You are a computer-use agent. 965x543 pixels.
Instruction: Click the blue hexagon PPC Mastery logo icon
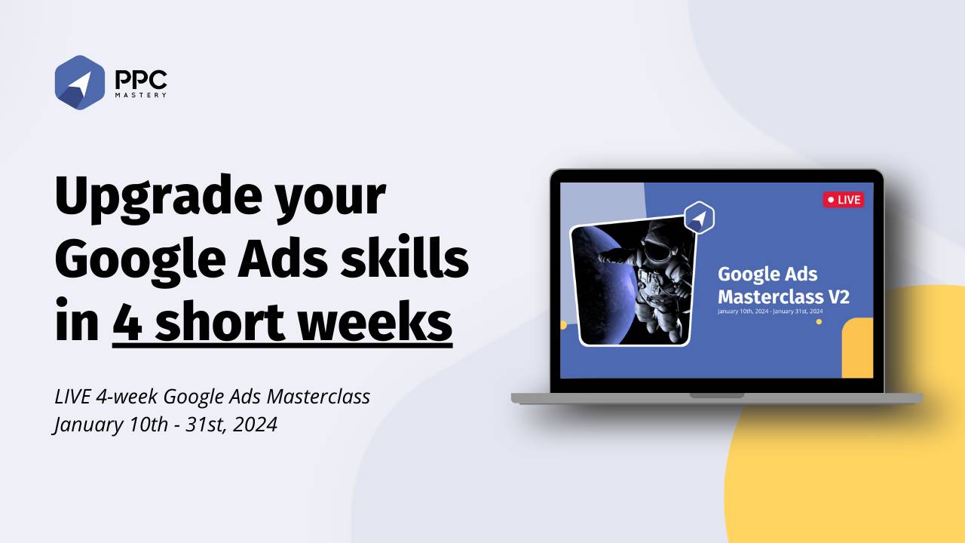click(79, 82)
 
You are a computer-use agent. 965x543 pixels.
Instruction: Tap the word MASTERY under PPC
click(141, 95)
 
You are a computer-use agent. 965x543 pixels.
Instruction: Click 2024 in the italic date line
click(255, 425)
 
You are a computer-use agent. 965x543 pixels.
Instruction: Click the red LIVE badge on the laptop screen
click(843, 200)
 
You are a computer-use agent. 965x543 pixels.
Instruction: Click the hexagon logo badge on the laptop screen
click(699, 218)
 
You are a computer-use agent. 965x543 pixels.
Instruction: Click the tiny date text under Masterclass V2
click(769, 311)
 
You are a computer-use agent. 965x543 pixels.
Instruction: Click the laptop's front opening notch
click(716, 395)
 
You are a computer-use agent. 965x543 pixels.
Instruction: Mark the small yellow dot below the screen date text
click(819, 322)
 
